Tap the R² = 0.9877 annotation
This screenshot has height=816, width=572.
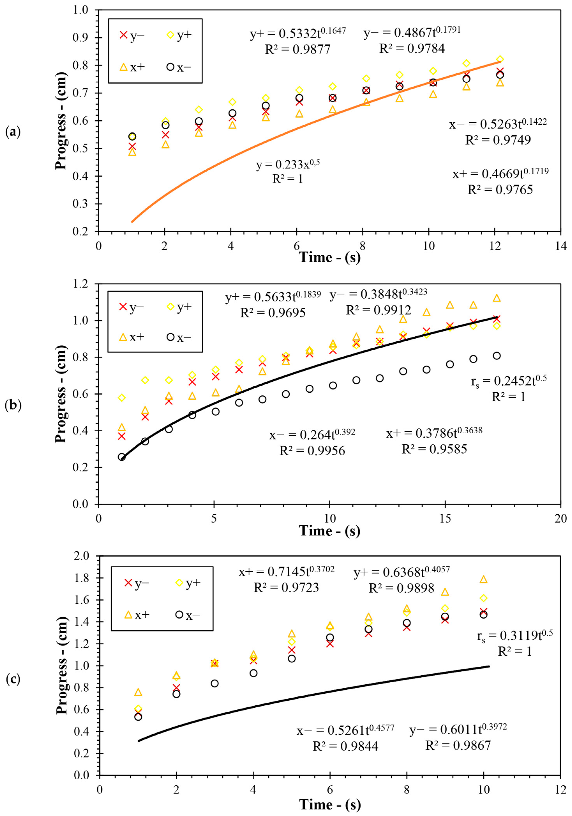point(298,49)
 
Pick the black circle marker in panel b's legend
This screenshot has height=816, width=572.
point(171,337)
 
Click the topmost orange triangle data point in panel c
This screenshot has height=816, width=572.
point(483,580)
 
